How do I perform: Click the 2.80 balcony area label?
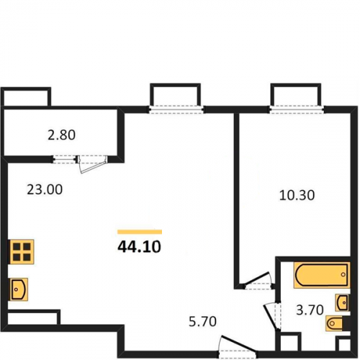(62, 135)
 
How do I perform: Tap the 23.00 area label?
(45, 189)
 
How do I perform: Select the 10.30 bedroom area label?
(297, 195)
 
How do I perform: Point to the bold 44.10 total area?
(139, 247)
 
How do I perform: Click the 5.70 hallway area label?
(202, 322)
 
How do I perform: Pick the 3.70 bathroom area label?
(310, 310)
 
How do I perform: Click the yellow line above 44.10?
(140, 232)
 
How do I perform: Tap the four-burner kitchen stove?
(21, 252)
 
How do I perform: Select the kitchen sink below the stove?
(18, 289)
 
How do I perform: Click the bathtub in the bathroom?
(322, 275)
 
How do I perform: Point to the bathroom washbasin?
(343, 302)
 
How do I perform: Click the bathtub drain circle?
(343, 274)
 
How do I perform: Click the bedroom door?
(258, 281)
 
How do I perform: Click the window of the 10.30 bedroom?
(296, 109)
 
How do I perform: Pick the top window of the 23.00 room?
(176, 109)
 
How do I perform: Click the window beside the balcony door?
(65, 159)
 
